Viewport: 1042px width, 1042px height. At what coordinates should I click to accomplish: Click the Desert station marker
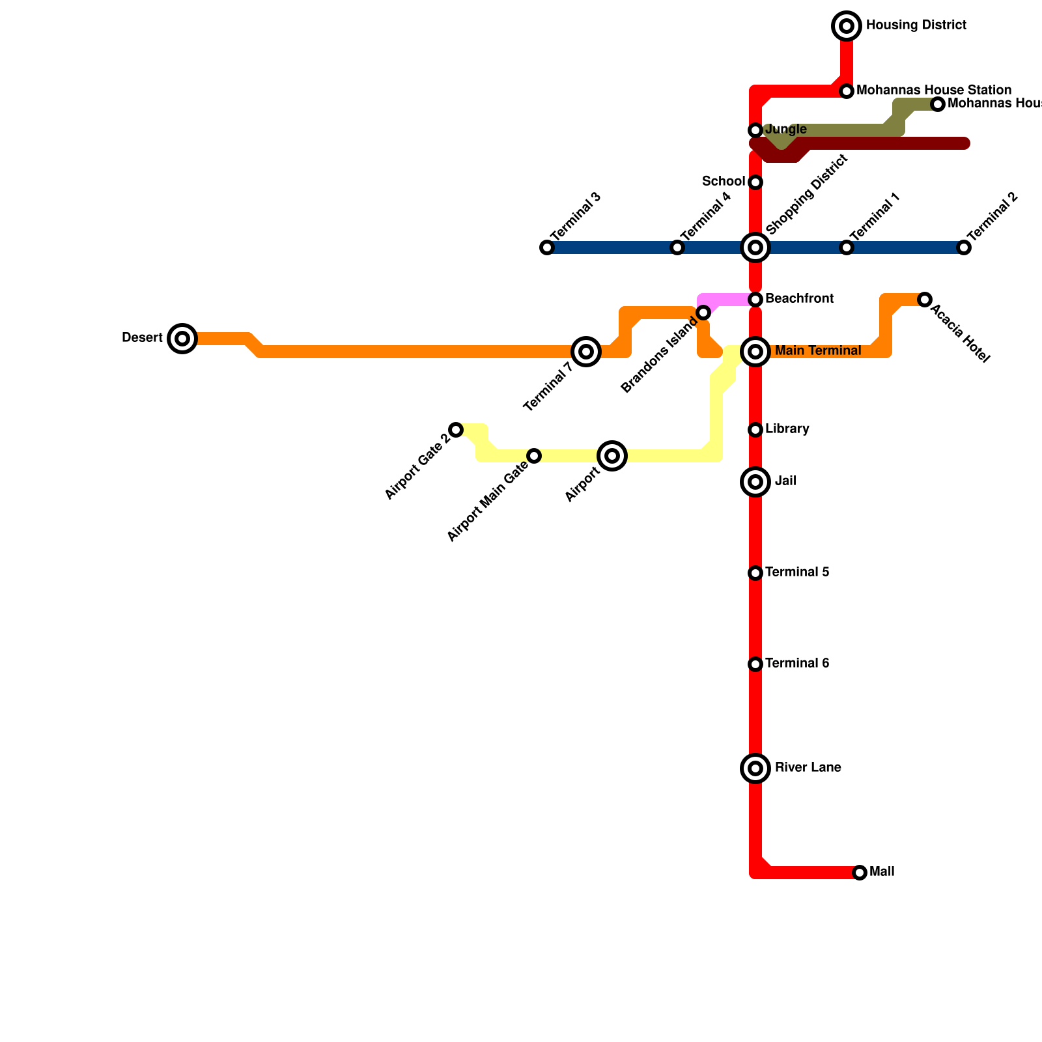(182, 339)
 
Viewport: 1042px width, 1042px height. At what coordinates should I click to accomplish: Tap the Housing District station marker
(847, 26)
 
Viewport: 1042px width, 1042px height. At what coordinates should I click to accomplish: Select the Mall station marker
(860, 873)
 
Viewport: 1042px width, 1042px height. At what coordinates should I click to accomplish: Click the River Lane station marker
(755, 768)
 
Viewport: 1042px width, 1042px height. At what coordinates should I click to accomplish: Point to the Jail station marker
(755, 482)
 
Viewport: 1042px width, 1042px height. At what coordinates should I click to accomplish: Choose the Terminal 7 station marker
(586, 352)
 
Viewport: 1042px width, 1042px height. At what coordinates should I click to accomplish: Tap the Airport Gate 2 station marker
(456, 430)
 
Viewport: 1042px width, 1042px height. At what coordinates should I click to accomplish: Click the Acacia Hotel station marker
(925, 300)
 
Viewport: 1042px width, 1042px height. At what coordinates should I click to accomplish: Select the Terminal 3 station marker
(547, 247)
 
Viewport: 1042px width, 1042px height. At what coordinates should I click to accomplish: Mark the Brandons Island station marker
(703, 313)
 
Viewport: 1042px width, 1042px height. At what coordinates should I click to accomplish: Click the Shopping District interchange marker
(755, 247)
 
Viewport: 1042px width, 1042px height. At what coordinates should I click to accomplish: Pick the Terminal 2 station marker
(964, 247)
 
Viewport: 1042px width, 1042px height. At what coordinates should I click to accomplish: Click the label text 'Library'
(787, 429)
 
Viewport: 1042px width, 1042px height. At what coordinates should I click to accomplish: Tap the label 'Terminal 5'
(797, 572)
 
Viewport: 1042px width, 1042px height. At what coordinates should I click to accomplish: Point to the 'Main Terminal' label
(818, 351)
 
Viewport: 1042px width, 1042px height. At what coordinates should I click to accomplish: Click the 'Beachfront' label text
(799, 299)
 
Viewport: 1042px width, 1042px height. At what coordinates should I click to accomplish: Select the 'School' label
(724, 181)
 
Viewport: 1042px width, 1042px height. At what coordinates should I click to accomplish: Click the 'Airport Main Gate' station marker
(534, 456)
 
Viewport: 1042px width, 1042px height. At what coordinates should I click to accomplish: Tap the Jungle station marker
(755, 130)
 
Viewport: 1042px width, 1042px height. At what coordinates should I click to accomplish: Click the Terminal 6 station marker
(755, 664)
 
